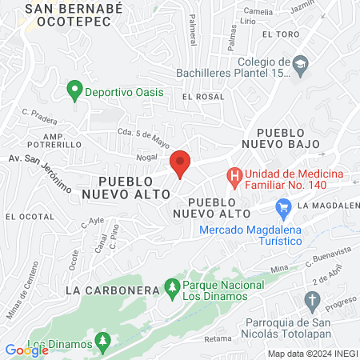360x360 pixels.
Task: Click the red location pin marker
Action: (x=180, y=163)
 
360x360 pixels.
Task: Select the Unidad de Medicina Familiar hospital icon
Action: (x=234, y=174)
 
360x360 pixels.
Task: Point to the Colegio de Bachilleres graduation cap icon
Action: (x=300, y=65)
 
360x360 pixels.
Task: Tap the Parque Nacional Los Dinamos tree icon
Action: (x=171, y=286)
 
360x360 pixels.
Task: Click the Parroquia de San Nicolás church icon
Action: (x=312, y=300)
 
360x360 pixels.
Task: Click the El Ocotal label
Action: (x=23, y=217)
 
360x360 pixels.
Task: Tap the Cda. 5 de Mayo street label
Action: (x=143, y=136)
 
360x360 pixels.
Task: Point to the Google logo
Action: (x=26, y=350)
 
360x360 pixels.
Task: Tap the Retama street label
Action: (x=218, y=338)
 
